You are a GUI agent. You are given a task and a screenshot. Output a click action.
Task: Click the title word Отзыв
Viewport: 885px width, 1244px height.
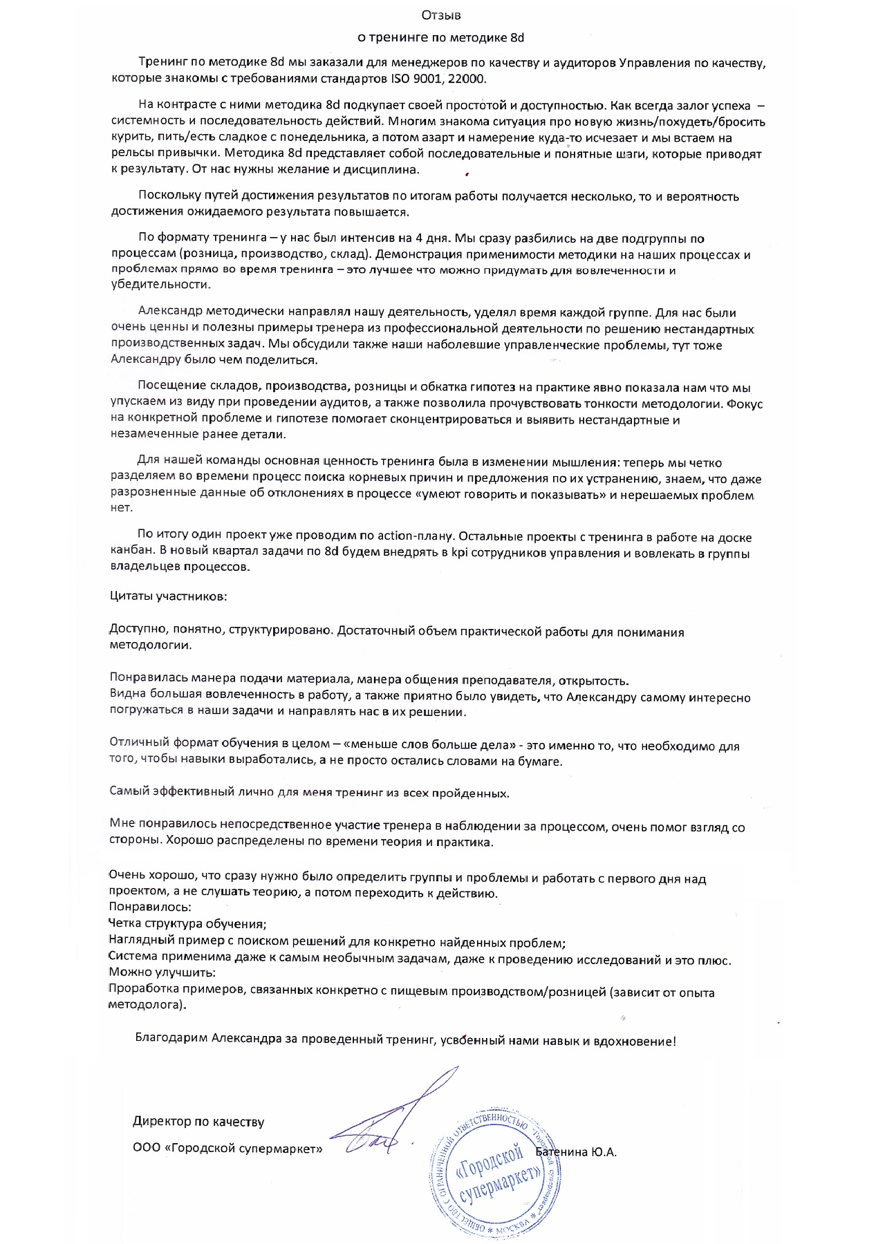(441, 15)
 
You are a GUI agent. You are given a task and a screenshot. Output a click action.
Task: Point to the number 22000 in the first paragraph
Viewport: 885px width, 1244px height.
(467, 79)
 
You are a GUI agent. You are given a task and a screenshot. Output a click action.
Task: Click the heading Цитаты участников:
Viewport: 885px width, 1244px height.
(168, 596)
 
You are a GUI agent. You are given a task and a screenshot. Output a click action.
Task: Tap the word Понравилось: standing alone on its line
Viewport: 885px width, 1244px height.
(150, 907)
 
